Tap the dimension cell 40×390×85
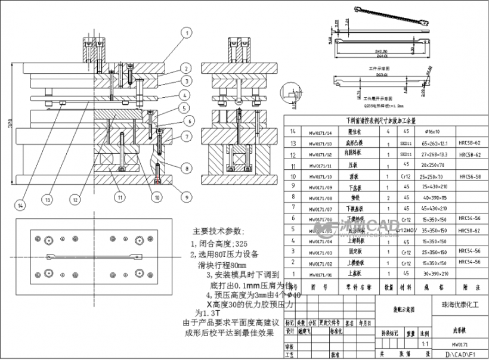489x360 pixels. [434, 197]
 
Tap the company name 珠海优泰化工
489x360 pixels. [460, 305]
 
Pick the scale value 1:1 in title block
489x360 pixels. [424, 344]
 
